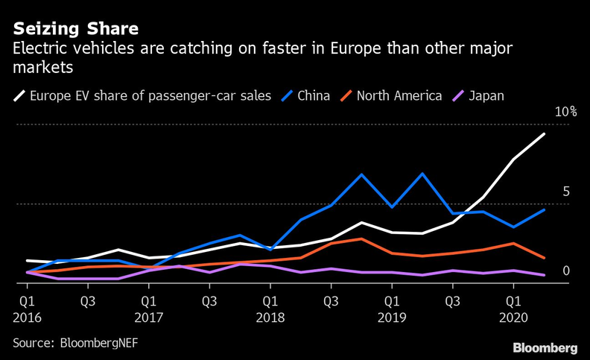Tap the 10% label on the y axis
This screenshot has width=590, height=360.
[x=565, y=112]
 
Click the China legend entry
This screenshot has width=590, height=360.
[x=313, y=95]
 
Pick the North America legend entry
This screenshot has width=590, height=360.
[x=399, y=95]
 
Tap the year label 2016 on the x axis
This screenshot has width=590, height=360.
[x=26, y=318]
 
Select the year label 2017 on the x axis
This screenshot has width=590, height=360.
[x=149, y=318]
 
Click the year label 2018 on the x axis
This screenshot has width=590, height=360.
[x=270, y=318]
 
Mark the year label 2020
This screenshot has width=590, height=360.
[x=513, y=318]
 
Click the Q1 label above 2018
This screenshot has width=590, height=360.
[x=270, y=301]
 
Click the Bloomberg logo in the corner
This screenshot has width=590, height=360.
[x=545, y=348]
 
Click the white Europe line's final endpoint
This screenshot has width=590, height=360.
[x=545, y=134]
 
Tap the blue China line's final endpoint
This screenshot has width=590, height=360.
[x=545, y=210]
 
